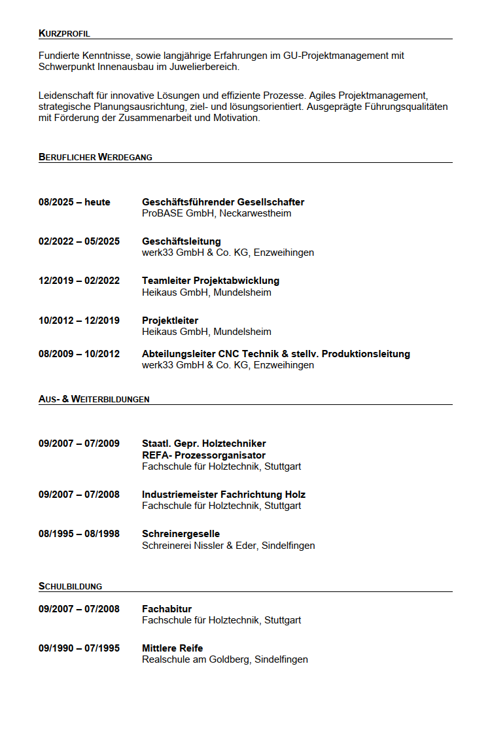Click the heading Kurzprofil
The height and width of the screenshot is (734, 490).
64,33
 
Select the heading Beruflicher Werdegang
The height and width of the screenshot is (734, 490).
96,157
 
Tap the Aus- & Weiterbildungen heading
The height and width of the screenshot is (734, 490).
94,399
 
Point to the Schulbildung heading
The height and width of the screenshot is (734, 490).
70,587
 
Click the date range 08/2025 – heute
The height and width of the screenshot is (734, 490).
75,202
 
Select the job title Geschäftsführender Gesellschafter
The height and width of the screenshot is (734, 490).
223,202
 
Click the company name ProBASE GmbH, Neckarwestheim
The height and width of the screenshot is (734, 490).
217,213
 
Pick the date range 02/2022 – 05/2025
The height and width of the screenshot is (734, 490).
79,241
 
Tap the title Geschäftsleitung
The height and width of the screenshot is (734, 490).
181,241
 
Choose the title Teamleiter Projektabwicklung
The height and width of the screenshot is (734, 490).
211,281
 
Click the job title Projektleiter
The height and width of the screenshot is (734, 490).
170,321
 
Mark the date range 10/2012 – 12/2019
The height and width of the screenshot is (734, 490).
79,321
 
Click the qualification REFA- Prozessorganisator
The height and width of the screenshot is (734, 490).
203,455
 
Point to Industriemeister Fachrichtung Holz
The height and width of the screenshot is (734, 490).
224,495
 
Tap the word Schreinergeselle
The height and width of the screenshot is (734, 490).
181,534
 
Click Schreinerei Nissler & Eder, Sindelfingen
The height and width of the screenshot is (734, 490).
228,546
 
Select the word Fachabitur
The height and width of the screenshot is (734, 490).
167,609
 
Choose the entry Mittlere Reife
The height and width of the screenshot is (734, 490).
173,648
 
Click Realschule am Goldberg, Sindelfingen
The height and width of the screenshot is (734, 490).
225,659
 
